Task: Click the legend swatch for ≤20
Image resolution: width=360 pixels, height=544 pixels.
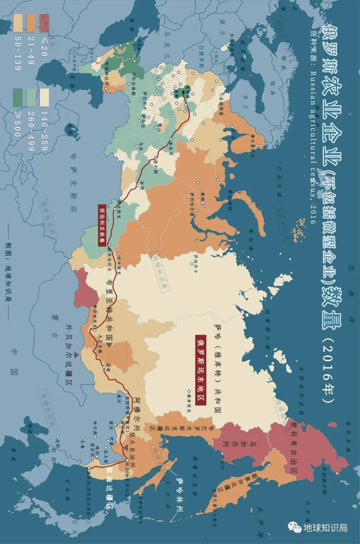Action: tap(44, 23)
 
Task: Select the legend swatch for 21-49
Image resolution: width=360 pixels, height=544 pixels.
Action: tap(31, 23)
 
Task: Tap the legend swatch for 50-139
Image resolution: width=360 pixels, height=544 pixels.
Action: tap(18, 23)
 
